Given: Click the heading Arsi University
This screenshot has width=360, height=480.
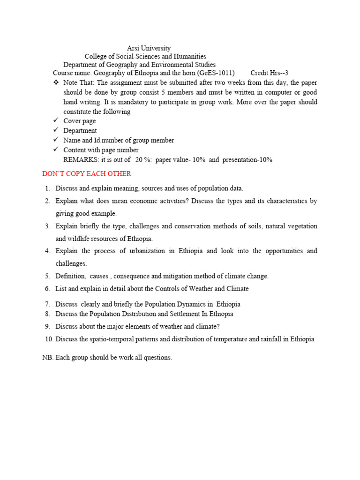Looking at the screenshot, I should coord(149,48).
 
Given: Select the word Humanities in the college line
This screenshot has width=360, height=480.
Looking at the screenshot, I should coord(190,57).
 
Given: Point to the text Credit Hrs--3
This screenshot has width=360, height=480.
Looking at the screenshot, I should coord(269,73).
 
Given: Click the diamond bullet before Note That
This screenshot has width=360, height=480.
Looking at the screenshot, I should coord(56,82).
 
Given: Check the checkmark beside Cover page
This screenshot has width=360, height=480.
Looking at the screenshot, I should coord(56,121).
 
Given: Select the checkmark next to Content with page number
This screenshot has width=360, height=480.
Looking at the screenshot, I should coord(56,150).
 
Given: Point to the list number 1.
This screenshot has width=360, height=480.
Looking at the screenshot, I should coord(47,188).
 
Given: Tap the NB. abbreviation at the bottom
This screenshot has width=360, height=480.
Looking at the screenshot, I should coord(48,358).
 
